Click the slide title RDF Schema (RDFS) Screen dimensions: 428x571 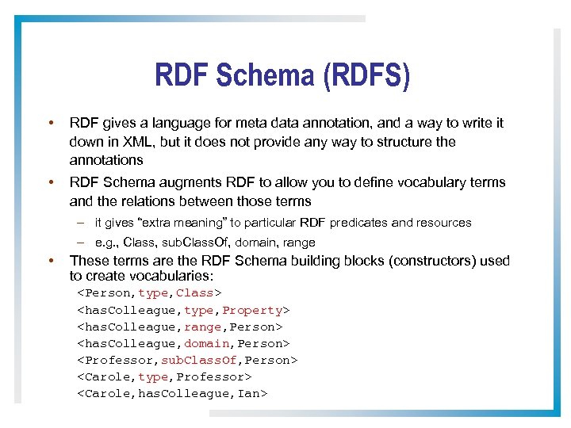click(283, 76)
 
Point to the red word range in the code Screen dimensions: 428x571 click(201, 327)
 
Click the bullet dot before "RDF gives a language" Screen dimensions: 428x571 click(50, 124)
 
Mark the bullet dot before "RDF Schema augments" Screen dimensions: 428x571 click(50, 182)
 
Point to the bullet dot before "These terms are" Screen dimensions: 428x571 click(50, 261)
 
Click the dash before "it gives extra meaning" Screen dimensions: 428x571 click(82, 223)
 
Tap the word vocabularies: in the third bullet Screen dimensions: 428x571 click(166, 275)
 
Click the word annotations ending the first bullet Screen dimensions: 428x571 click(106, 160)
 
